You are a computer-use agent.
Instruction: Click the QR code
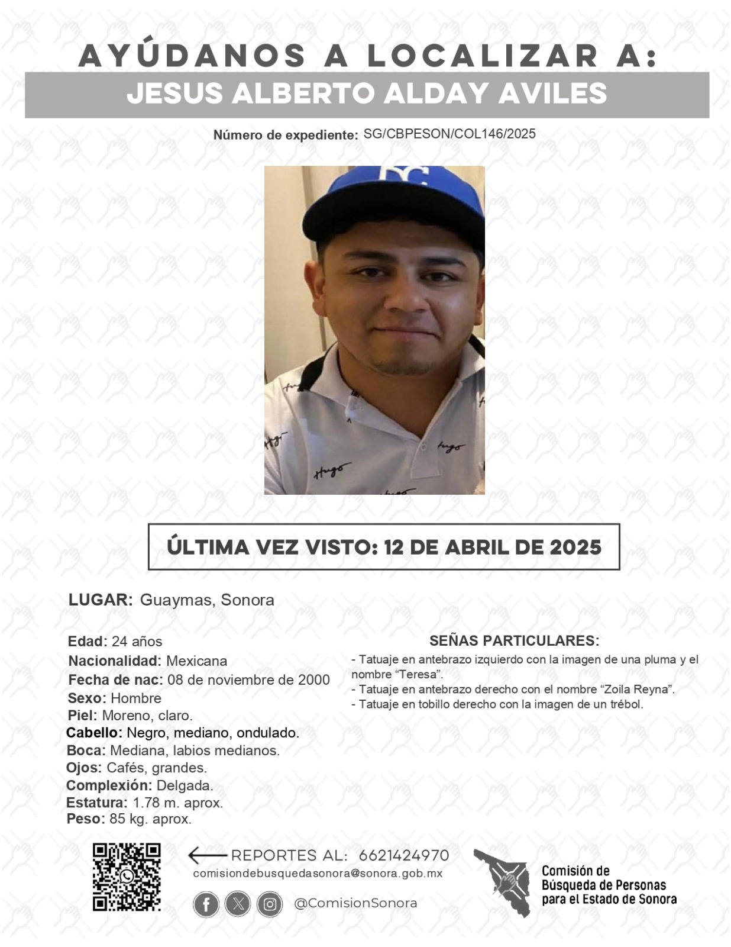pyautogui.click(x=127, y=877)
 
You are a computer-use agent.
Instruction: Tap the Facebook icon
pyautogui.click(x=206, y=904)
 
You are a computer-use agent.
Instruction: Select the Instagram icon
pyautogui.click(x=270, y=904)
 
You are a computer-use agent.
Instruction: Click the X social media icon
pyautogui.click(x=238, y=904)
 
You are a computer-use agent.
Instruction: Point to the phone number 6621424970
pyautogui.click(x=404, y=855)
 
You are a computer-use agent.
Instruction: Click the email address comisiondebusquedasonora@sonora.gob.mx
pyautogui.click(x=318, y=874)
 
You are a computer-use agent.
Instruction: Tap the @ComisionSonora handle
pyautogui.click(x=355, y=903)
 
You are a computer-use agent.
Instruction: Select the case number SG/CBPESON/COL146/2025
pyautogui.click(x=449, y=134)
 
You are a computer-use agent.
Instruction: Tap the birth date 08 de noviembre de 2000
pyautogui.click(x=248, y=679)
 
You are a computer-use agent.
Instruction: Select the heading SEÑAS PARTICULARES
pyautogui.click(x=515, y=640)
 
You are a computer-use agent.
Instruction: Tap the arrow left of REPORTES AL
pyautogui.click(x=207, y=855)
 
